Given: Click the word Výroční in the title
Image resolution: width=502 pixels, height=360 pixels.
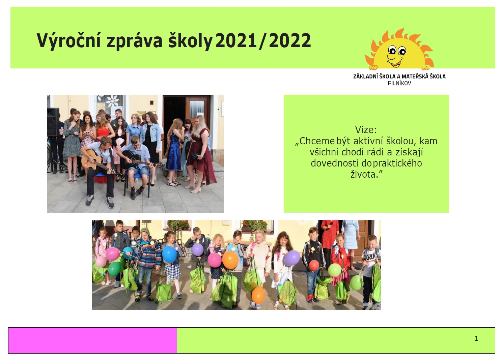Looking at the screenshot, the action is point(69,41).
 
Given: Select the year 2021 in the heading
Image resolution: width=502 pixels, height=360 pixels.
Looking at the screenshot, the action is point(236,40).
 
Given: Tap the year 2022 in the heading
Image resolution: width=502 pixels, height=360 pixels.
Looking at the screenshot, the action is point(290,40).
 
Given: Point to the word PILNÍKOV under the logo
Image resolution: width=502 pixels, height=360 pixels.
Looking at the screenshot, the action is point(399,83).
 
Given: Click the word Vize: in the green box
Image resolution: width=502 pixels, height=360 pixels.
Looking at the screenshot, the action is point(366,130).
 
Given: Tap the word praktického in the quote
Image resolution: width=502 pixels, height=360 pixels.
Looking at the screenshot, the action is point(397,163).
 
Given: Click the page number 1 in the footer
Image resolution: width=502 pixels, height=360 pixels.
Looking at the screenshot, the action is point(476,338).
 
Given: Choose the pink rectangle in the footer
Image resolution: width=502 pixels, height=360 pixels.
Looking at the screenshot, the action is point(92,340).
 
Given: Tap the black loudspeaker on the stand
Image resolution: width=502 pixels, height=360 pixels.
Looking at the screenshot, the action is point(53,122).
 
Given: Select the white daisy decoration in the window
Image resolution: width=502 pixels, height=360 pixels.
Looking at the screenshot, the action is point(112,101).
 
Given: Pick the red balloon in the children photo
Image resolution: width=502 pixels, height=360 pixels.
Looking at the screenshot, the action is point(314,265).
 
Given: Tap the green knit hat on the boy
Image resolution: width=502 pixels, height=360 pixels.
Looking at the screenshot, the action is point(145,232).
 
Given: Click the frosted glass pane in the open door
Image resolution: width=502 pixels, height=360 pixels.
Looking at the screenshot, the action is point(197,109).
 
